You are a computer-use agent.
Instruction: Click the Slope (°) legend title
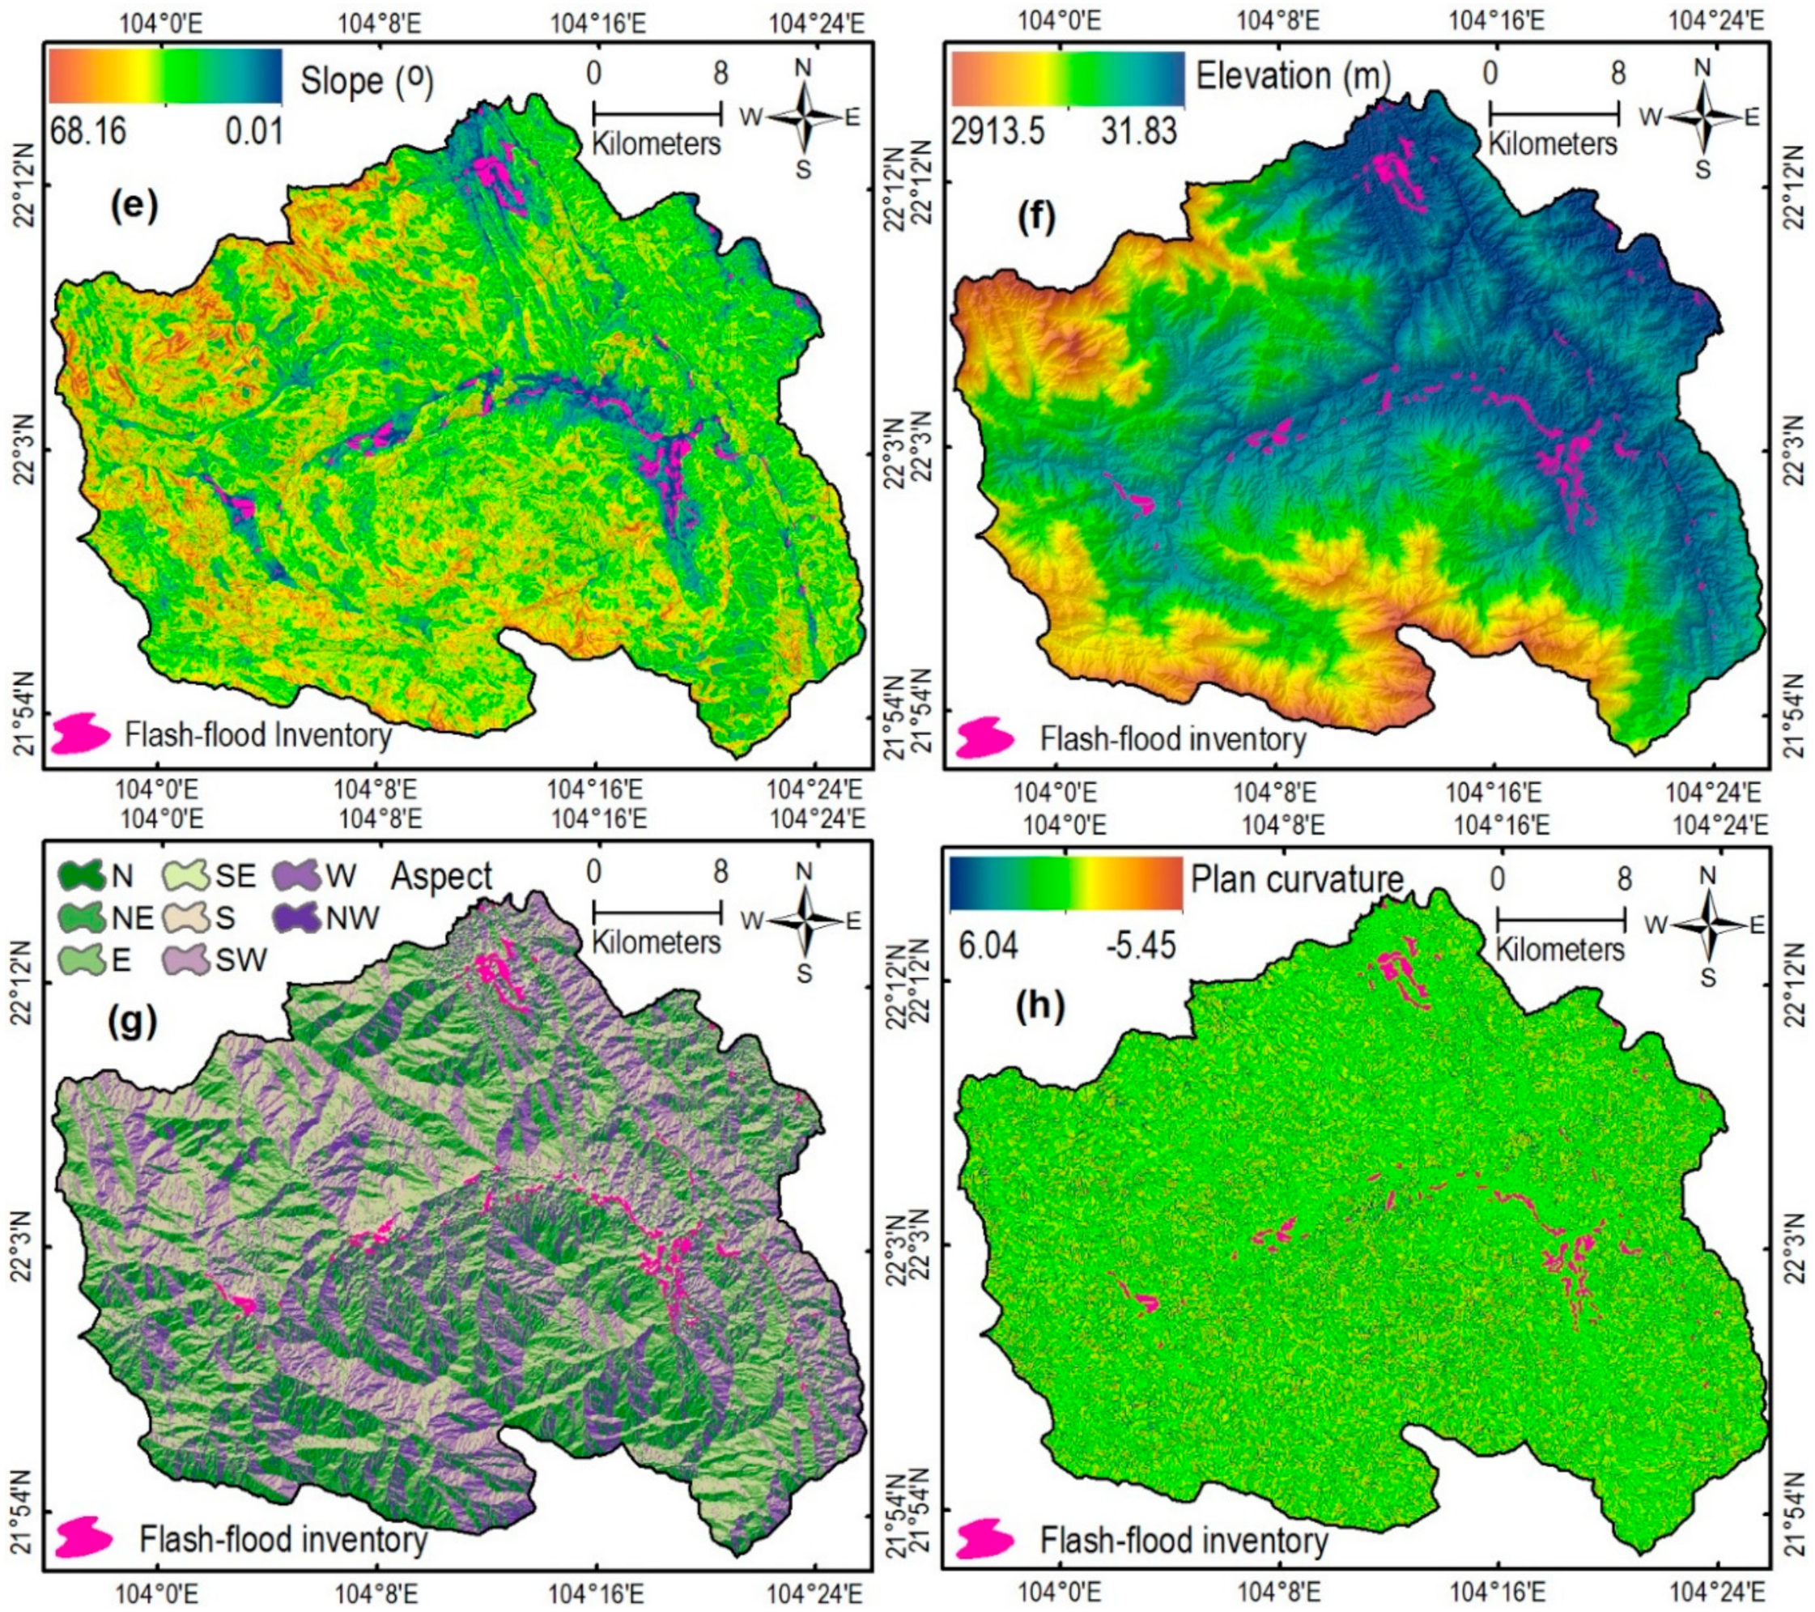(367, 82)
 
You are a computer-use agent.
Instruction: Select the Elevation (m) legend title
(1293, 76)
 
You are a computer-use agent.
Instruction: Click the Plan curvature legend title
(1296, 879)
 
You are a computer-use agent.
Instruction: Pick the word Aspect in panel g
(441, 877)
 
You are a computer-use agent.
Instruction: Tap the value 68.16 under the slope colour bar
(88, 131)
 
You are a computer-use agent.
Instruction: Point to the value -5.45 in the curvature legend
(1140, 945)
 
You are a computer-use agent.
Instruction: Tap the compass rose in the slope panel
(805, 117)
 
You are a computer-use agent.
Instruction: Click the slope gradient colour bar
(165, 76)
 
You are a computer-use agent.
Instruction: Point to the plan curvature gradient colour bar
(1065, 883)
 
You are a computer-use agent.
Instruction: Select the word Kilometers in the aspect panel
(657, 942)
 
